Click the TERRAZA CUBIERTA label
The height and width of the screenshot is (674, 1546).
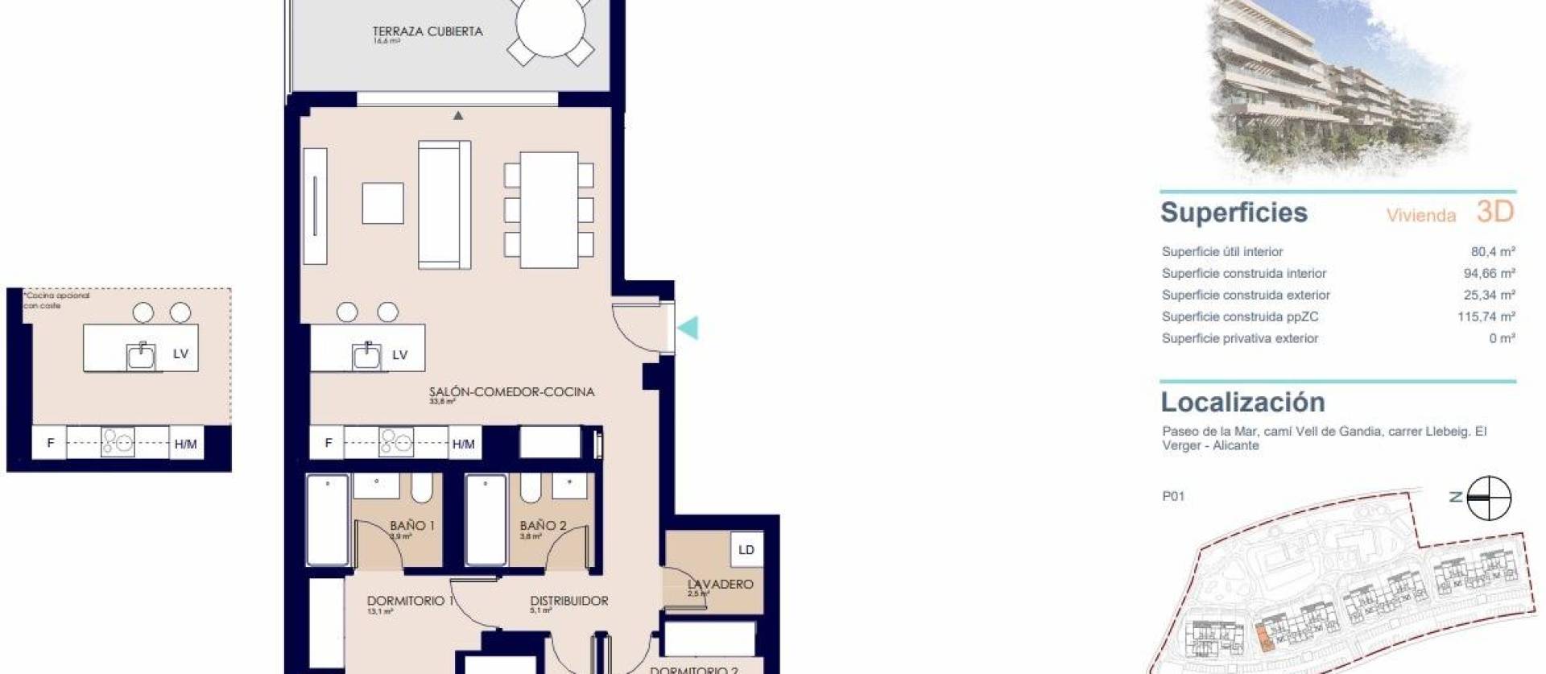pyautogui.click(x=428, y=31)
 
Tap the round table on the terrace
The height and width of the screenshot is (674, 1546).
pyautogui.click(x=551, y=28)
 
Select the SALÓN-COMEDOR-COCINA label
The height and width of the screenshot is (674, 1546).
pyautogui.click(x=511, y=392)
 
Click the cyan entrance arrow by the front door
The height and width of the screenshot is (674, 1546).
pyautogui.click(x=688, y=328)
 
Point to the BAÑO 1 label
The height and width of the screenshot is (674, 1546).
pyautogui.click(x=411, y=526)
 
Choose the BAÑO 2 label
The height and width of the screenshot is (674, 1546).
pyautogui.click(x=543, y=526)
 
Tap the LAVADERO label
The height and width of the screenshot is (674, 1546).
pyautogui.click(x=720, y=584)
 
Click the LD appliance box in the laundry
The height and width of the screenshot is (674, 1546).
pyautogui.click(x=746, y=550)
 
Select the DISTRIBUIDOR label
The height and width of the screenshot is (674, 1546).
pyautogui.click(x=568, y=601)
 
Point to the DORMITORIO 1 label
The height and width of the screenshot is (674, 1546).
pyautogui.click(x=410, y=601)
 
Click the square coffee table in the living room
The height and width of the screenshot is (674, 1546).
pyautogui.click(x=382, y=203)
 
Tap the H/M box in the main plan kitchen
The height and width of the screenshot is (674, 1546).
pyautogui.click(x=463, y=444)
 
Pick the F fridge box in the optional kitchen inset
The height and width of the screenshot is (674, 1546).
pyautogui.click(x=51, y=443)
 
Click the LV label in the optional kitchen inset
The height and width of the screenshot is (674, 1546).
pyautogui.click(x=180, y=354)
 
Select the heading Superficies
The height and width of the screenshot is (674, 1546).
pyautogui.click(x=1234, y=213)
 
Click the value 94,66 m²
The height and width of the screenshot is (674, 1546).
pyautogui.click(x=1489, y=274)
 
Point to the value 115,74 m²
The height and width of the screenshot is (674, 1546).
pyautogui.click(x=1486, y=317)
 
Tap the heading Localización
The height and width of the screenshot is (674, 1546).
pyautogui.click(x=1242, y=402)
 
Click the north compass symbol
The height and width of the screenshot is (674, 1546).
pyautogui.click(x=1488, y=498)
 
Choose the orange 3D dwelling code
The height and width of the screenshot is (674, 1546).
pyautogui.click(x=1495, y=212)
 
